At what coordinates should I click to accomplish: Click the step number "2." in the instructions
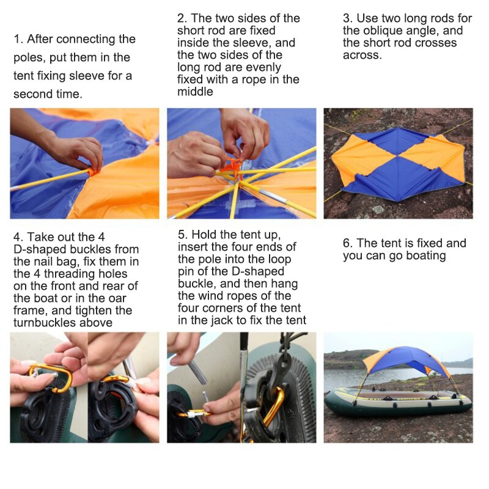(182, 18)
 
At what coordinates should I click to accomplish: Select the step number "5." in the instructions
(183, 235)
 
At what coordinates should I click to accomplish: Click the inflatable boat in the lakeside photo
(398, 401)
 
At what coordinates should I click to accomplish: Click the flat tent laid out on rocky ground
(399, 163)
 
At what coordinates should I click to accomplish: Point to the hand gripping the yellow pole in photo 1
(75, 151)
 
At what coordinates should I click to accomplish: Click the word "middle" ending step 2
(195, 92)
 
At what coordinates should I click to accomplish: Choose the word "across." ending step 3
(362, 55)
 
